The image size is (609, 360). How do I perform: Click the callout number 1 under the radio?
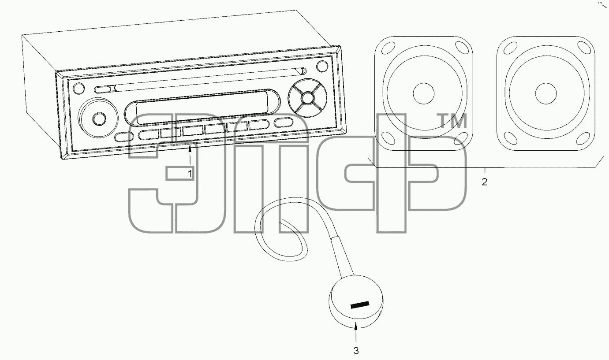[191, 174]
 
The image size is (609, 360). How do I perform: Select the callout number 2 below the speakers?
[485, 182]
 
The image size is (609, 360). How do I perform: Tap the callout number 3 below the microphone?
[356, 351]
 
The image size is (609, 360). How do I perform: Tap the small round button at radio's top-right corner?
[322, 66]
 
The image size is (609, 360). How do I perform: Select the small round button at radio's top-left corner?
[79, 88]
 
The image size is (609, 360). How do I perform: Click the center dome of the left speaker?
[424, 93]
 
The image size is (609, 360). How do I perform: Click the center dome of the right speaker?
[546, 93]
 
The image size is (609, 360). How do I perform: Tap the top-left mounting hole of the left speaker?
[388, 48]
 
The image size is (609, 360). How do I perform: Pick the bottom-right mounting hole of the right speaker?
[583, 138]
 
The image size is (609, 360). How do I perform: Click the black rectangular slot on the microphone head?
[360, 305]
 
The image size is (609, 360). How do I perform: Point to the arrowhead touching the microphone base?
[356, 325]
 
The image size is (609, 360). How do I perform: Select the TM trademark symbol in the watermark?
[452, 121]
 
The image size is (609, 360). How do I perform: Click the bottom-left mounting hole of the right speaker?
[510, 138]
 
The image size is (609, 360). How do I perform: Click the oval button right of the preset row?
[284, 122]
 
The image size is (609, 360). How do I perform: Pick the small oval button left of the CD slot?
[103, 89]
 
